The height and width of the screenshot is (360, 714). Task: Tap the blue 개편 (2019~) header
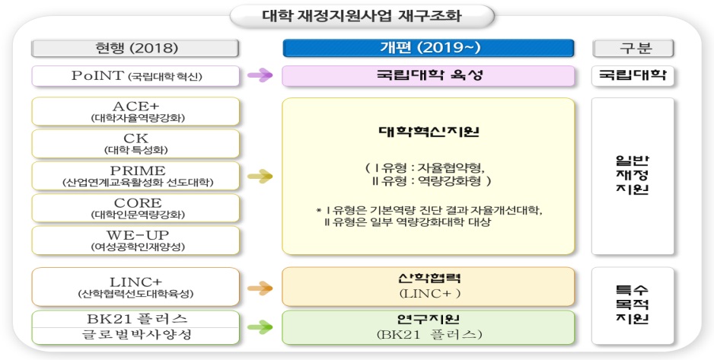tap(429, 49)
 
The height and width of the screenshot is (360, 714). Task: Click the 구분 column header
tap(633, 49)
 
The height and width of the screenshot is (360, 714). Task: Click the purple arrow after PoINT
tap(260, 75)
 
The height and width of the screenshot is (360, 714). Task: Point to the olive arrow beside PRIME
tap(260, 177)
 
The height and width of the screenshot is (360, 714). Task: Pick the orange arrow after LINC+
tap(260, 288)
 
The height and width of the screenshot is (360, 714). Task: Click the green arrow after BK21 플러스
tap(260, 327)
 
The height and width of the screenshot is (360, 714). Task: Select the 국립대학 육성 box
tap(428, 75)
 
